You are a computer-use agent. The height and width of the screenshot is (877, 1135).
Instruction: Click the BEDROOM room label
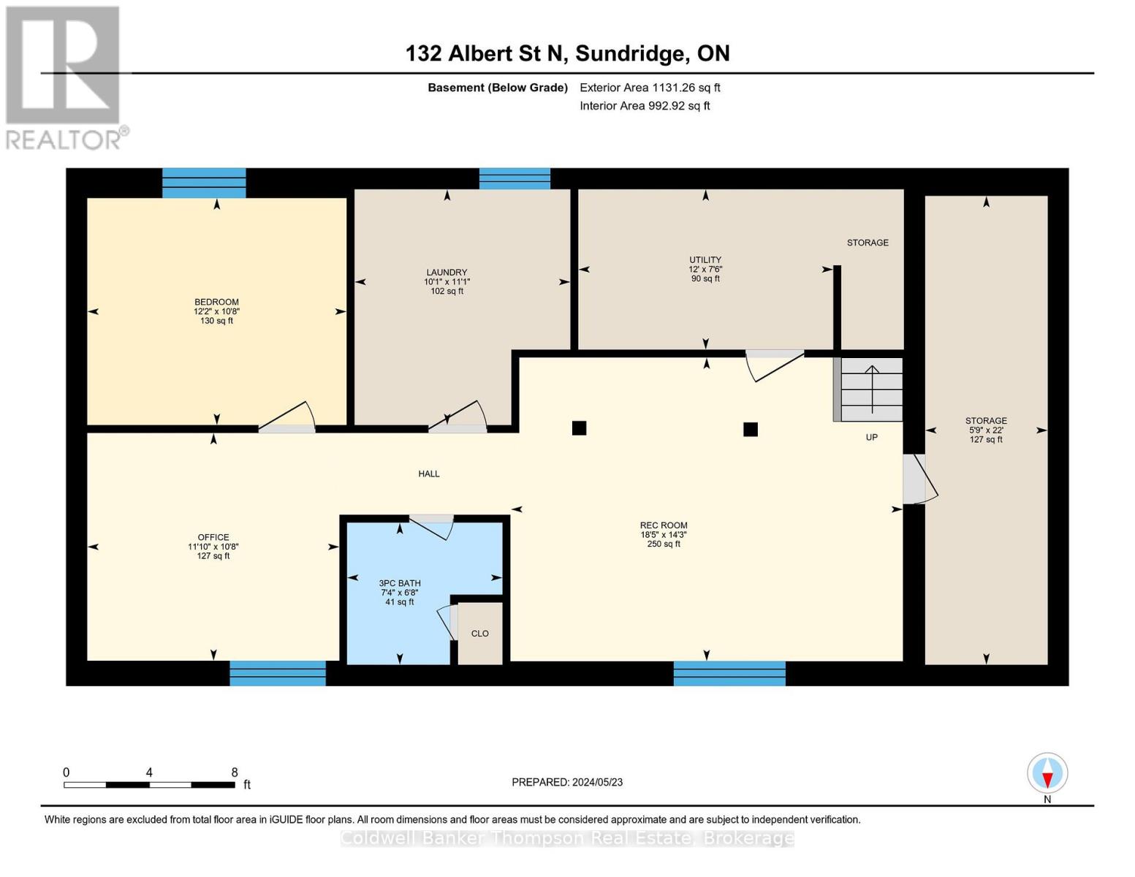pyautogui.click(x=216, y=302)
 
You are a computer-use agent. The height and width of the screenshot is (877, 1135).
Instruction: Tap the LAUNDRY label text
pyautogui.click(x=447, y=272)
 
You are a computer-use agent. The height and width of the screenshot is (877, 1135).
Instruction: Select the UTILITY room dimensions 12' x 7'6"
pyautogui.click(x=705, y=269)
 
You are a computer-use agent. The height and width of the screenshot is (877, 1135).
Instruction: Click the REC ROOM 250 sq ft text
pyautogui.click(x=664, y=544)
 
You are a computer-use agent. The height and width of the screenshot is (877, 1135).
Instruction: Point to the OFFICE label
pyautogui.click(x=213, y=537)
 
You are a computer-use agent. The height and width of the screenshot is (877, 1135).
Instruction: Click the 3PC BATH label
pyautogui.click(x=400, y=583)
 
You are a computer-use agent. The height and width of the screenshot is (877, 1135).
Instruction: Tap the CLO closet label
pyautogui.click(x=479, y=634)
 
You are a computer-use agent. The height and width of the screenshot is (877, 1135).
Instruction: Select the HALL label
pyautogui.click(x=429, y=474)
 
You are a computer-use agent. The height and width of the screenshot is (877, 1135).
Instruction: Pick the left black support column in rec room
pyautogui.click(x=579, y=428)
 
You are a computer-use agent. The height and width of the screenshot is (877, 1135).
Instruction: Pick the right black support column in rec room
pyautogui.click(x=750, y=429)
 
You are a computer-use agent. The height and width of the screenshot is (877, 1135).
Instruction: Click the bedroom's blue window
pyautogui.click(x=204, y=183)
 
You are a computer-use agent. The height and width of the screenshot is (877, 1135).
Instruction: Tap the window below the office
pyautogui.click(x=278, y=673)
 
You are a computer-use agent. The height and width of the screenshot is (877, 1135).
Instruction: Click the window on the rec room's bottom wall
pyautogui.click(x=729, y=673)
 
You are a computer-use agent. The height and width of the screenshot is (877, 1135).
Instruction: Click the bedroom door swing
pyautogui.click(x=288, y=419)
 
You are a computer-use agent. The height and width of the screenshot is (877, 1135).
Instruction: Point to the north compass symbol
pyautogui.click(x=1047, y=773)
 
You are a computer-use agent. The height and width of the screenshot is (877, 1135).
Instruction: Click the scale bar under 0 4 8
pyautogui.click(x=149, y=785)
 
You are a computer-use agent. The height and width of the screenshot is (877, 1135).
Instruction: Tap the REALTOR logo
pyautogui.click(x=64, y=77)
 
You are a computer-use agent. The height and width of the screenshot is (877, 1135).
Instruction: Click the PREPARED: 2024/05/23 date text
pyautogui.click(x=567, y=782)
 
